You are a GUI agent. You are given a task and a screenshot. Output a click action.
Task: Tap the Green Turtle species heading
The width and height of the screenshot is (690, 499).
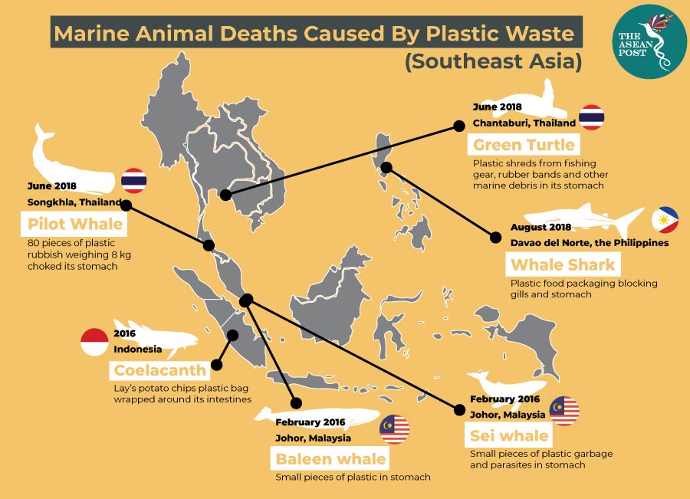[x=524, y=145]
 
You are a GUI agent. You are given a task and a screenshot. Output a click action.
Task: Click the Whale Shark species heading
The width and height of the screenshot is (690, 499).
[x=563, y=265]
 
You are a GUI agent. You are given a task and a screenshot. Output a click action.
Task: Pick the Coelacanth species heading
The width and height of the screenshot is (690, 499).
[x=160, y=371]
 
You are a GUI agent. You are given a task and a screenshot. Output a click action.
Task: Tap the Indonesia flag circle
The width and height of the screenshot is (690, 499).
[x=94, y=342]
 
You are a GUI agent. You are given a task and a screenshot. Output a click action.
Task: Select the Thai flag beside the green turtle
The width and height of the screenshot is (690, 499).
[x=592, y=117]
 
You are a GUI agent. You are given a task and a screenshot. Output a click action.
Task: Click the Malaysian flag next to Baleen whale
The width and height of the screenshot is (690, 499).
[x=395, y=429]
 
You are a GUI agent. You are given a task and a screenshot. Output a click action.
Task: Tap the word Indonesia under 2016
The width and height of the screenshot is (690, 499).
[x=138, y=350]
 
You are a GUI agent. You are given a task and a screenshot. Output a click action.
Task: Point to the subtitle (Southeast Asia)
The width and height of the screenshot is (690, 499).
[x=493, y=61]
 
